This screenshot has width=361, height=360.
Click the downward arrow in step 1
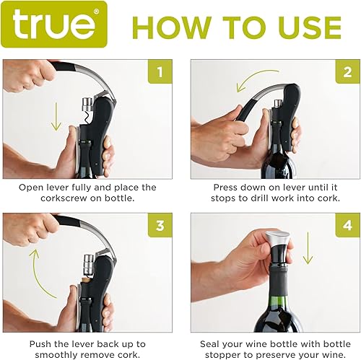56,115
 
